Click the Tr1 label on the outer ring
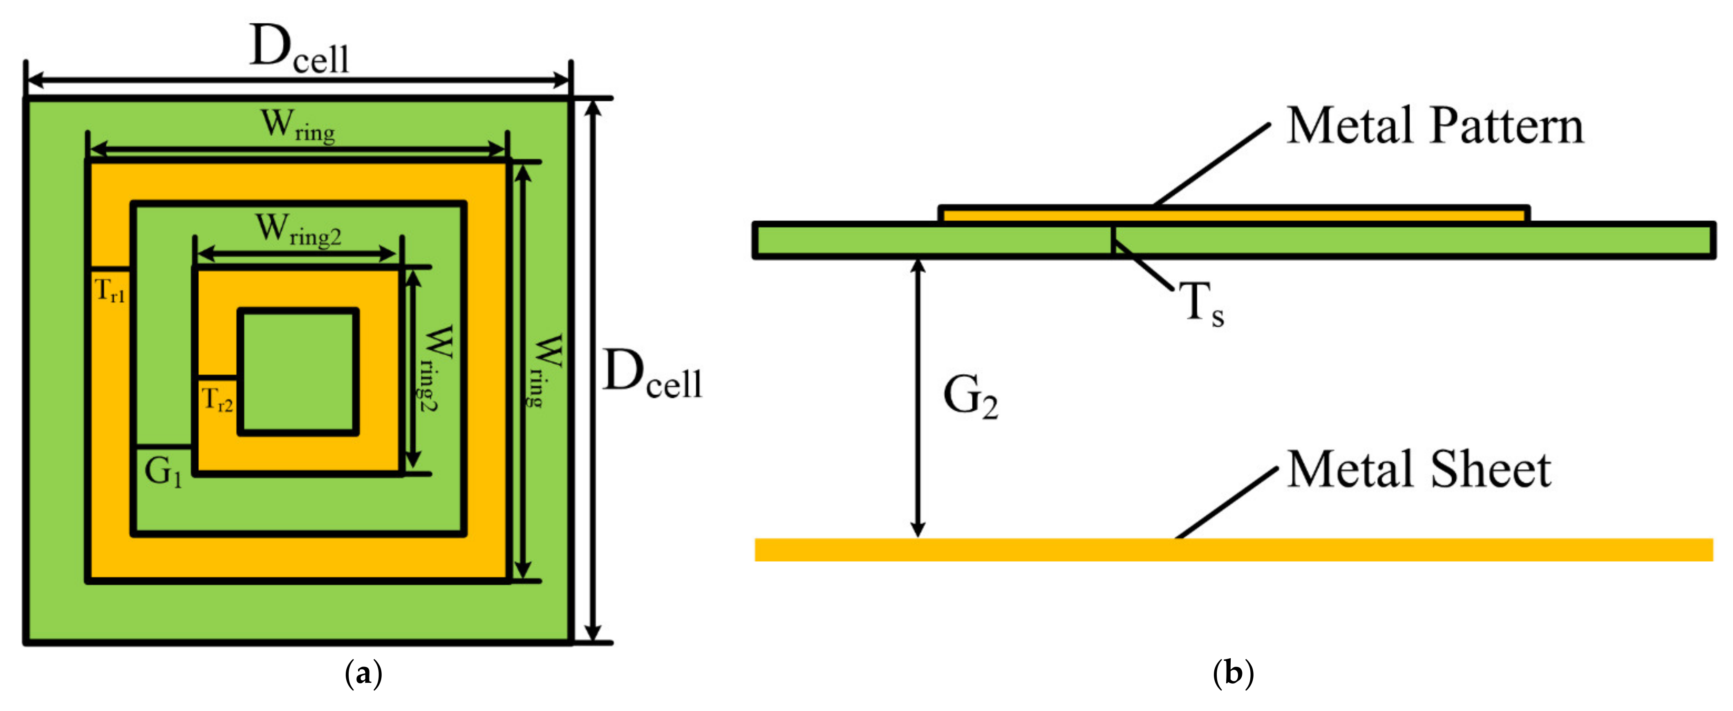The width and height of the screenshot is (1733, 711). coord(110,291)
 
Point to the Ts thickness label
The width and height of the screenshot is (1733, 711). coord(1202,304)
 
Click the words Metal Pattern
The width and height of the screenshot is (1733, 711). coord(1434,126)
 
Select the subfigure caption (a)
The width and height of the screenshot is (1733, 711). coord(363,673)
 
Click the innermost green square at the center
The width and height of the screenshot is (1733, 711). coord(298,371)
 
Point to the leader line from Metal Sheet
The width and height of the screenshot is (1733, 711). coord(1226,503)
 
